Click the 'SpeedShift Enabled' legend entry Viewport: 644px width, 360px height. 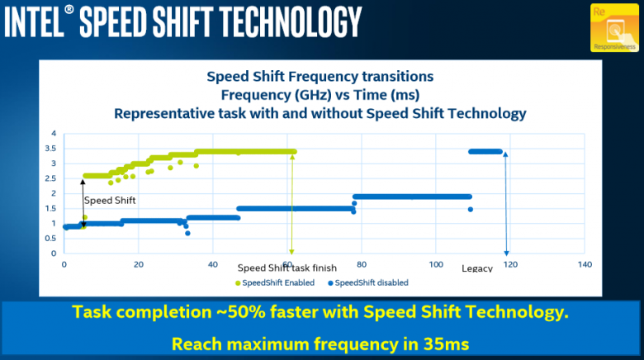pos(277,282)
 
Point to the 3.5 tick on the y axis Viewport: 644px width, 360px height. pos(53,149)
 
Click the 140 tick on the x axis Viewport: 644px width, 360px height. pos(585,264)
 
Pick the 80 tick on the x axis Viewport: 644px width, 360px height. pos(362,264)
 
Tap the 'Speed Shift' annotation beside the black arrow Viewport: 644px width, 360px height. pos(110,201)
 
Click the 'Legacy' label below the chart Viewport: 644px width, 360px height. pos(476,268)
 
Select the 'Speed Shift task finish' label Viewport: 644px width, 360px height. pos(288,268)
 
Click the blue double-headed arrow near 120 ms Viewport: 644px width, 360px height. pos(505,203)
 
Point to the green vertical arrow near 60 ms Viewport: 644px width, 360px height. pos(291,203)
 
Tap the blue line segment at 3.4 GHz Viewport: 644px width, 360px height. pos(485,151)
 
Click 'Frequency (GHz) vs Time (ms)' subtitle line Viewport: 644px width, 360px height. pos(320,94)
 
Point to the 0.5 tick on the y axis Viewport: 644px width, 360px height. pos(53,239)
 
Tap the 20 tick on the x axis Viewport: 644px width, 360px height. pos(139,264)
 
